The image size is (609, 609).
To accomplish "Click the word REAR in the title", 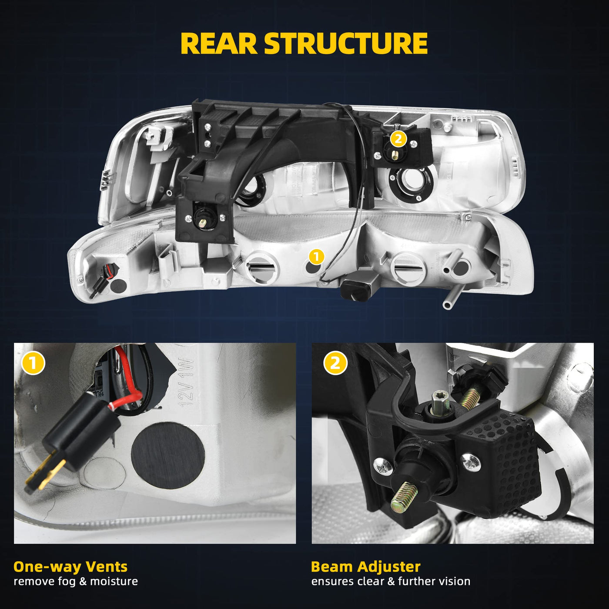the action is pos(219,43).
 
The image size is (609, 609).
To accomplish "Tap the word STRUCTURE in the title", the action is pos(346,43).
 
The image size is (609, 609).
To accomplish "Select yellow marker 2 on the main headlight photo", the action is pos(398,139).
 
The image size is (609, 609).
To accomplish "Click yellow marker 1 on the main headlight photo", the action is pos(316,256).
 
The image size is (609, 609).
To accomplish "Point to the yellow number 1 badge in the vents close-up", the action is pos(33,363).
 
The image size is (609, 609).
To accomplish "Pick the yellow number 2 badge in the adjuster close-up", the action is pos(335,363).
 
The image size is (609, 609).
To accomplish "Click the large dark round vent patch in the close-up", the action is pos(167,455).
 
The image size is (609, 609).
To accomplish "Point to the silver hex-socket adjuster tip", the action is pos(440,403).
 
